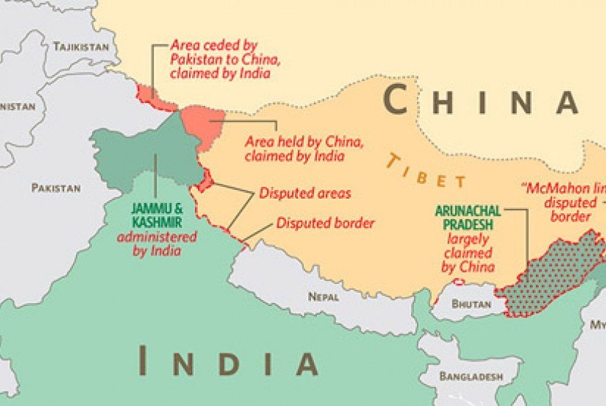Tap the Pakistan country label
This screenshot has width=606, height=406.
coord(55,188)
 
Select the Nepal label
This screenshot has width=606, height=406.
coord(323,296)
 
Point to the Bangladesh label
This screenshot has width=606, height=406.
coord(471,376)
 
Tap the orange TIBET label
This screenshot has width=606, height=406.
coord(426,171)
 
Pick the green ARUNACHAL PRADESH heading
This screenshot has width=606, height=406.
coord(467,217)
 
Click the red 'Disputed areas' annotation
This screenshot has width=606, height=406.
coord(305,194)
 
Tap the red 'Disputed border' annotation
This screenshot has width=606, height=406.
coord(325,223)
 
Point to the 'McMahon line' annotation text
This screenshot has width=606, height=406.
coord(566,202)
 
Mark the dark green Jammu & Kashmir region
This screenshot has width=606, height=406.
coord(139,153)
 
